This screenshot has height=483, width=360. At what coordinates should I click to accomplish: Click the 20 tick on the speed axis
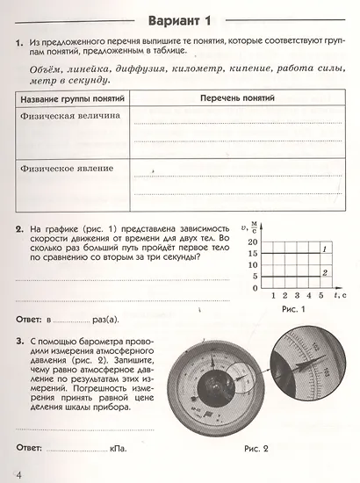coord(253,241)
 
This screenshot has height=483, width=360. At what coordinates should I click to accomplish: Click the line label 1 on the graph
coord(325,251)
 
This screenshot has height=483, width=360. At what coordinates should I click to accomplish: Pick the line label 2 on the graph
coord(325,274)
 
